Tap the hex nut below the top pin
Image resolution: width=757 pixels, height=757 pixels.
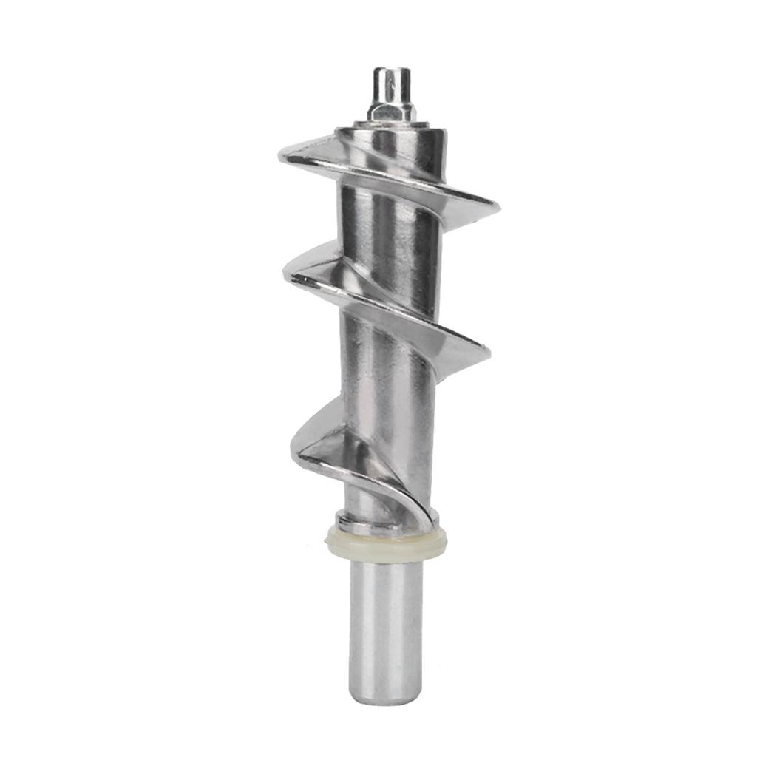[390, 112]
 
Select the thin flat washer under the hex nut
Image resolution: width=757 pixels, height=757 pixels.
[390, 122]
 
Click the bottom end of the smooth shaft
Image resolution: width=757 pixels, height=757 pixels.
[386, 699]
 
